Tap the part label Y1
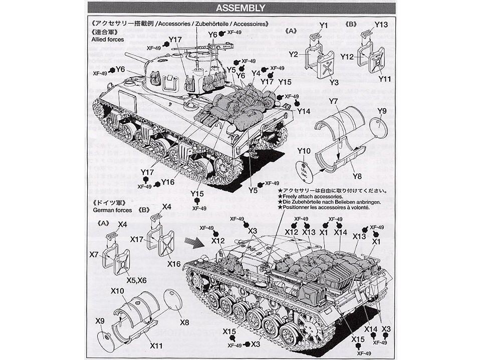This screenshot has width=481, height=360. (323, 25)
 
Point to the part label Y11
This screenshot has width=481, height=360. (385, 79)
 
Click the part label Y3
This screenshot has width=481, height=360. (334, 82)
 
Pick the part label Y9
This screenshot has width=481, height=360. (382, 111)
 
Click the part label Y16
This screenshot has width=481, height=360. (168, 182)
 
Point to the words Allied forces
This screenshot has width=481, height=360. (107, 39)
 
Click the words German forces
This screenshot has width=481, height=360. (112, 210)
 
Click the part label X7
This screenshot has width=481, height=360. (94, 255)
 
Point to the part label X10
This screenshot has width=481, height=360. (118, 291)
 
